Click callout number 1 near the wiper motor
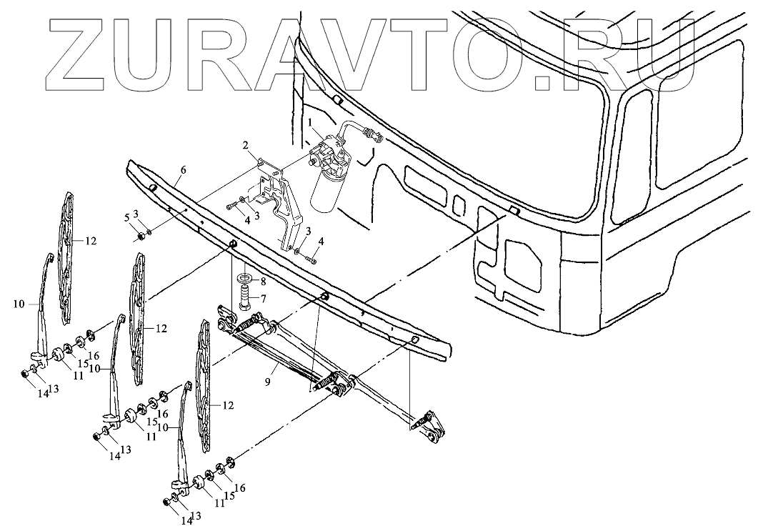[311, 123]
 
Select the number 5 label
[128, 217]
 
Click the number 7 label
[263, 297]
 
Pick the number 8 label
[263, 282]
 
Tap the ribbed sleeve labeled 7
[245, 295]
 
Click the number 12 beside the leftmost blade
[90, 241]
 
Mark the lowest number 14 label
[186, 521]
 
